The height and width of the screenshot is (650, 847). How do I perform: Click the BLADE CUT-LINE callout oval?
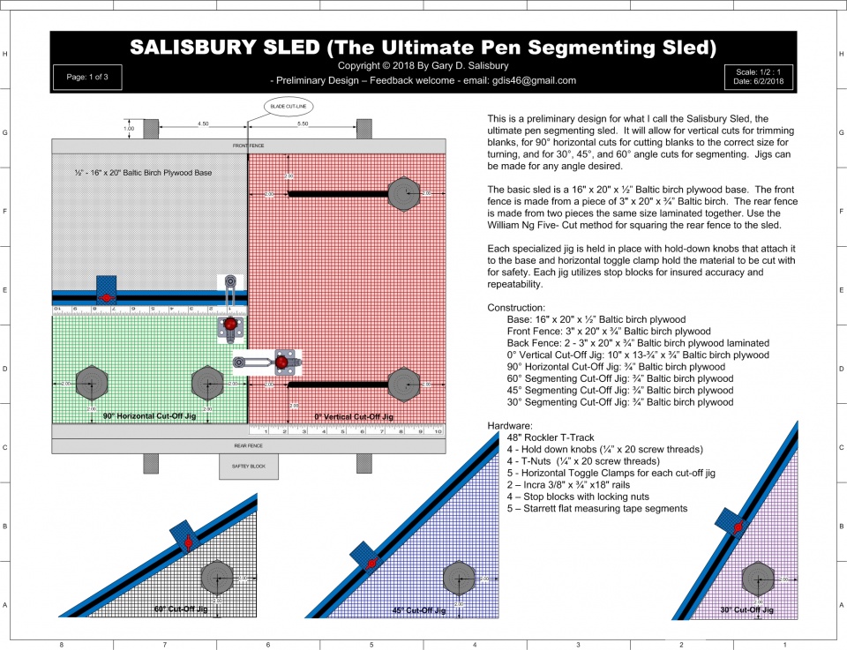coord(289,108)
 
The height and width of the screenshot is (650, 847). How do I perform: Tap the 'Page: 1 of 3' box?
coord(86,77)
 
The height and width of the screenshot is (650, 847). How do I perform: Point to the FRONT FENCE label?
coord(247,146)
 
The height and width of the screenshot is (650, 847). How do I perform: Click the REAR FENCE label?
coord(247,446)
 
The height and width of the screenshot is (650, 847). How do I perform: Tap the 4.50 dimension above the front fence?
coord(203,124)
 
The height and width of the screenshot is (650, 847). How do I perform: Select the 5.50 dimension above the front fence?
coord(303,124)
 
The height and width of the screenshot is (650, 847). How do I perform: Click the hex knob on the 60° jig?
coord(217,579)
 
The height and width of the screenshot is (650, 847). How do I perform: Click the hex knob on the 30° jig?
coord(757,579)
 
